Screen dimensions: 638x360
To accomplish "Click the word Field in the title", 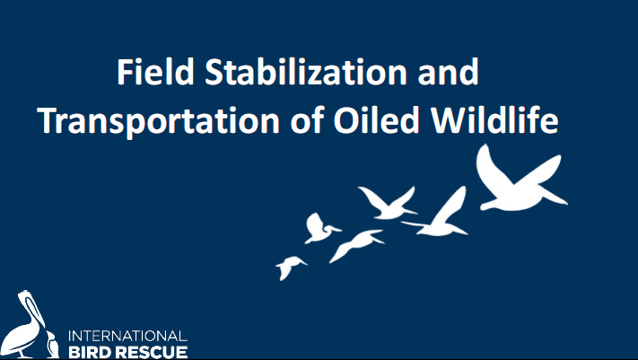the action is (155, 72).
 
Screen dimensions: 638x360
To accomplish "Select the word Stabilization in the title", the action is (306, 72).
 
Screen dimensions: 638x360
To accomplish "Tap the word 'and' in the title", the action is (448, 72).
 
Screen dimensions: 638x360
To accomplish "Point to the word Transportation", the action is (159, 120).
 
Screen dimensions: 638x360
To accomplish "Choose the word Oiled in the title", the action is (376, 120).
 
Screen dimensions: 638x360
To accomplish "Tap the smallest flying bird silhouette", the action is (290, 268).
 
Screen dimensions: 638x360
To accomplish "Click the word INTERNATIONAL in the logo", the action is (127, 337).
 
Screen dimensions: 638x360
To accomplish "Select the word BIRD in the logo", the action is (90, 352).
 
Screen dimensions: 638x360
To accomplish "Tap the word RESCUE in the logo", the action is (152, 352).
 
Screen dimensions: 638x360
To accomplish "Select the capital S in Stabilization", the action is (214, 72).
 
